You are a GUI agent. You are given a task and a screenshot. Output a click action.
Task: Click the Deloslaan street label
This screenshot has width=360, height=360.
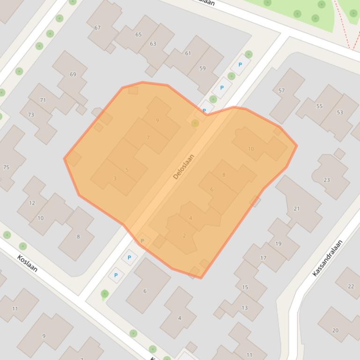[184, 166]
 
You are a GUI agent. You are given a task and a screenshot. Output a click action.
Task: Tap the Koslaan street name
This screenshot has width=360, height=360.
[27, 263]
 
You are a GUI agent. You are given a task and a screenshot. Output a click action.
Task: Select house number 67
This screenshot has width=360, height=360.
[97, 28]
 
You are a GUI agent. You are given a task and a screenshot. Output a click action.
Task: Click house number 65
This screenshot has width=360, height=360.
[138, 34]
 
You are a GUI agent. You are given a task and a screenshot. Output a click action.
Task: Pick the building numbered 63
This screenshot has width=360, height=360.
[153, 43]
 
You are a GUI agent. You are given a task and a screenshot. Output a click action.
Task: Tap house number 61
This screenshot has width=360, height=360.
[188, 53]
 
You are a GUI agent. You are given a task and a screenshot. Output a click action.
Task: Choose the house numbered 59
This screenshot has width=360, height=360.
[202, 68]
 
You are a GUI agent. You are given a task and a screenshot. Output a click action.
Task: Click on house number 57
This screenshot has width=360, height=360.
[281, 90]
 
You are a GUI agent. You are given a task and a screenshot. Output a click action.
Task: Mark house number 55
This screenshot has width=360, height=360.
[319, 106]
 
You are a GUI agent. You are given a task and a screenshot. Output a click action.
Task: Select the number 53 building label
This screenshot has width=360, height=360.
[340, 112]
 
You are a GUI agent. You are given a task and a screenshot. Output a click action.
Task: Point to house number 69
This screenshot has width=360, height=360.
[73, 74]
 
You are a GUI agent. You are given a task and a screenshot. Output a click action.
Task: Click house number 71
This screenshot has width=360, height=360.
[43, 100]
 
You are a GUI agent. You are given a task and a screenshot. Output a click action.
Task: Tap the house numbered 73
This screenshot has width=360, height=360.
[31, 115]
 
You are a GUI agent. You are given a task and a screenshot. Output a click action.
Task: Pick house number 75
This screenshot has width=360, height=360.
[6, 167]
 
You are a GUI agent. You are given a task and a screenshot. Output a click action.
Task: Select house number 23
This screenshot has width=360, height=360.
[326, 180]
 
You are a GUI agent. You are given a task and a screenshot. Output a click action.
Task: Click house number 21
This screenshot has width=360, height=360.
[296, 209]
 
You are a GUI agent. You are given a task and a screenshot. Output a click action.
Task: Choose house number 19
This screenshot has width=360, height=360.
[278, 244]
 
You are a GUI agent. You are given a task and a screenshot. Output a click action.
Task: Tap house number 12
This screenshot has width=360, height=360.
[32, 203]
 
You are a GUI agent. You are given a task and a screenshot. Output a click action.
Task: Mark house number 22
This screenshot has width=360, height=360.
[351, 286]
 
